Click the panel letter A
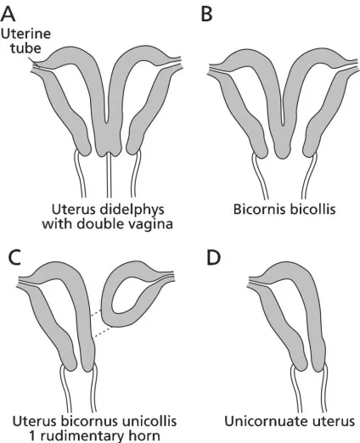click(x=8, y=14)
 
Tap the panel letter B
click(x=207, y=14)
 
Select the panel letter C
click(x=14, y=257)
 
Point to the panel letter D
click(x=214, y=257)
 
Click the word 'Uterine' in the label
click(x=25, y=34)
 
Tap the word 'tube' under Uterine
click(x=25, y=48)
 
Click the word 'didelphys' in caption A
click(x=135, y=210)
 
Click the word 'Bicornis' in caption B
click(x=257, y=210)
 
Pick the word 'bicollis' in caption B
click(x=310, y=210)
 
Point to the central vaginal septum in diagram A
click(x=109, y=176)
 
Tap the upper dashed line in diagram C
click(x=97, y=313)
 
